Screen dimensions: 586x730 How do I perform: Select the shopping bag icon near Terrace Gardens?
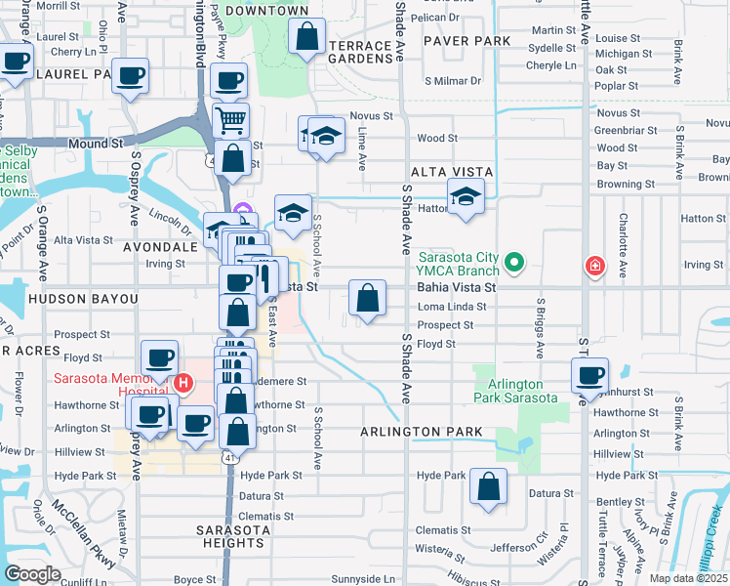pos(307,38)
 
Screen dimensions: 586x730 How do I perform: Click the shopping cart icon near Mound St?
pos(231,121)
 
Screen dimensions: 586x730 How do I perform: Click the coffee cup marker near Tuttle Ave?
pos(589,375)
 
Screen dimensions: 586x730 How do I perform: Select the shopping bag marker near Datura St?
pos(488,485)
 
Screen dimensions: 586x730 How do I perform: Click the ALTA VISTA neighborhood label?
pos(451,171)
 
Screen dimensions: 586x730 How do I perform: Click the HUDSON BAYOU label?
pos(83,298)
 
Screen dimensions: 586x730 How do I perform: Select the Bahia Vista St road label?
pos(457,288)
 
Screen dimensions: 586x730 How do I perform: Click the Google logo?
pos(33,574)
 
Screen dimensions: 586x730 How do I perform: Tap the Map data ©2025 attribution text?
pos(687,578)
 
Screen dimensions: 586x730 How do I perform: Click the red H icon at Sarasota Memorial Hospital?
pos(179,384)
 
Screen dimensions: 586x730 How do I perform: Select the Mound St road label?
pos(96,143)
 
